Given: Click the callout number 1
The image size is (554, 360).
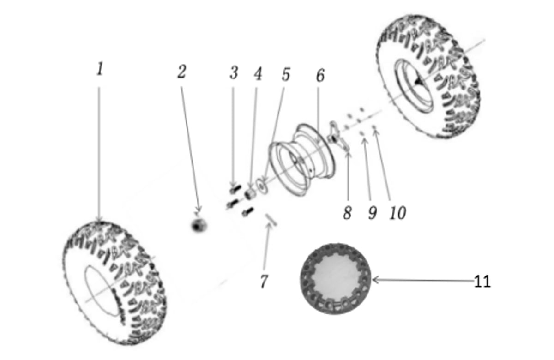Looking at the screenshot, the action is [x=100, y=69].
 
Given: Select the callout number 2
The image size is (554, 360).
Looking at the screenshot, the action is [x=181, y=72].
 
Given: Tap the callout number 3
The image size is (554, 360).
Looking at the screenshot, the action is [x=234, y=73].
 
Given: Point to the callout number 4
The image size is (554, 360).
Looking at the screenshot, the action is [x=258, y=74].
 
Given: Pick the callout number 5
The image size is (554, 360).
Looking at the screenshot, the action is [x=286, y=74].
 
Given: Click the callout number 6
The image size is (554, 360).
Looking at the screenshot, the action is [x=320, y=75].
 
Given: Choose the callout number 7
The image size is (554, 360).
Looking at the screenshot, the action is [x=264, y=282].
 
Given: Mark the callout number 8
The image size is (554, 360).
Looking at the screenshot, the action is [x=347, y=213].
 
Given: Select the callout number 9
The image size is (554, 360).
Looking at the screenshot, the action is [x=373, y=213].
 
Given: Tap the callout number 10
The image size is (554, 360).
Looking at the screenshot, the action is [x=398, y=213].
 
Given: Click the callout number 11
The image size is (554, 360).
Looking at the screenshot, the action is [x=482, y=282].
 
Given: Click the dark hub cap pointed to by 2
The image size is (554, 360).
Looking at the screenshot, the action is [x=199, y=226].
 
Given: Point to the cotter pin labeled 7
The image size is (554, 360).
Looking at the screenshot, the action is [x=271, y=220].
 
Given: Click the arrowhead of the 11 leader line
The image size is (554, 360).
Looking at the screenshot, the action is [x=373, y=280].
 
